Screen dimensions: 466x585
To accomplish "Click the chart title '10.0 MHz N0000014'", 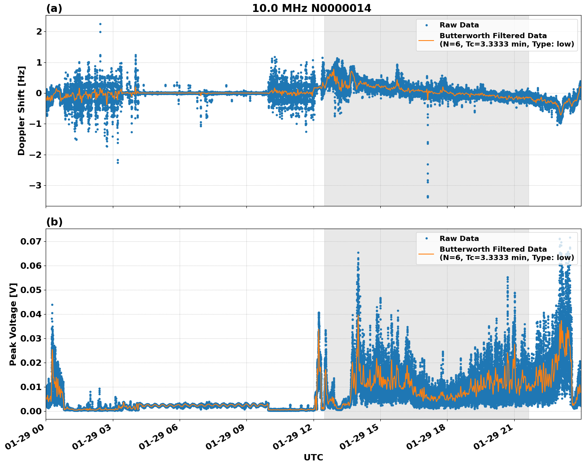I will [311, 8].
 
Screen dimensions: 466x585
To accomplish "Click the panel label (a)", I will [54, 8].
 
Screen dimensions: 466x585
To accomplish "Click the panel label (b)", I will [54, 222].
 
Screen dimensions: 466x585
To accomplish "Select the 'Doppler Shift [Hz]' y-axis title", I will [21, 111].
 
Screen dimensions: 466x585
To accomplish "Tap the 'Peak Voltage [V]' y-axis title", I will [13, 324].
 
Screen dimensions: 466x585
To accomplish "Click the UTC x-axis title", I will [313, 457].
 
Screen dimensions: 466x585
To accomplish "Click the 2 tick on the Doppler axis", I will [39, 31].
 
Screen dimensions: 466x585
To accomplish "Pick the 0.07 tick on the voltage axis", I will [33, 241].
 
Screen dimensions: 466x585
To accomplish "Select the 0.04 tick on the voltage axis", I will [33, 314].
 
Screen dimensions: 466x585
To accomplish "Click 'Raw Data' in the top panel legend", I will [459, 25].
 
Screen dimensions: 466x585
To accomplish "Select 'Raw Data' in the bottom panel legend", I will [459, 239].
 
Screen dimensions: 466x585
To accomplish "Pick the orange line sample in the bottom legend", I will [426, 253].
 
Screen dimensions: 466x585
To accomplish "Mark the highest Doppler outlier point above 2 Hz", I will [100, 24].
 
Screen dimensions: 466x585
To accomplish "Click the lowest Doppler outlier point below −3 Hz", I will [428, 197].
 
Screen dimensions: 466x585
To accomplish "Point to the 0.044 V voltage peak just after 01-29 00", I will [52, 305].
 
